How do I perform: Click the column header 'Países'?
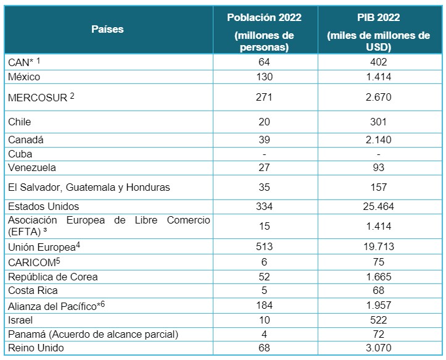tap(107, 29)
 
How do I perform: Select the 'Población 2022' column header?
tap(264, 17)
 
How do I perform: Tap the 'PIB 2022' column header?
tap(378, 17)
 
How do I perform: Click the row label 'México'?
tap(24, 77)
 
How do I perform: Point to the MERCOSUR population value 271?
tap(264, 97)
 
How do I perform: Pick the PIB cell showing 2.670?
tap(378, 97)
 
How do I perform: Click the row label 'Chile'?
tap(20, 122)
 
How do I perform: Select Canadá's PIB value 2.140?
tap(378, 140)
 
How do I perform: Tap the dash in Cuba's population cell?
tap(264, 154)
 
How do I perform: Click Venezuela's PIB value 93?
tap(378, 167)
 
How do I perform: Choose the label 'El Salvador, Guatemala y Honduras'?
tap(89, 187)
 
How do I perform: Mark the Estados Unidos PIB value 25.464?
tap(378, 206)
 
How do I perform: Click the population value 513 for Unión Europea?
tap(264, 246)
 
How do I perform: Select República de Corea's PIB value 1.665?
tap(378, 277)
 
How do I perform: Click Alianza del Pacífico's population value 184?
tap(264, 306)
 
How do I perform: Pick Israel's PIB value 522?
tap(378, 320)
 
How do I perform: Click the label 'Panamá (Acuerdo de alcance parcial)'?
tap(93, 335)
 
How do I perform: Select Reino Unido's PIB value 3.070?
tap(378, 348)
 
